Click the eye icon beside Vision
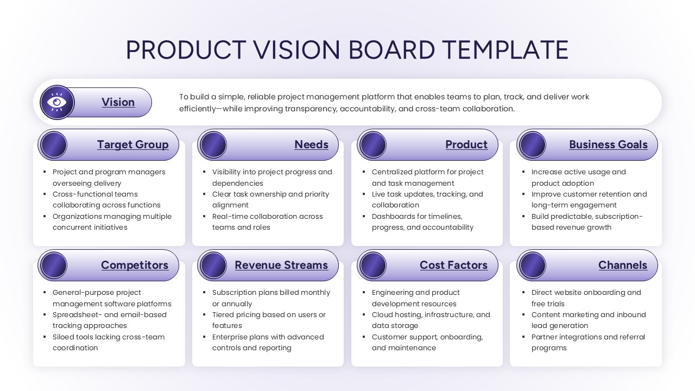click(57, 102)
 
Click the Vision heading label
click(118, 102)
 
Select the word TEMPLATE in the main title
click(505, 50)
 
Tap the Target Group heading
click(132, 144)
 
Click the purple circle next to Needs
click(213, 145)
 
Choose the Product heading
click(466, 144)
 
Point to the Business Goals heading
click(608, 144)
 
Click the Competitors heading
click(134, 265)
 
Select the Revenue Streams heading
click(281, 265)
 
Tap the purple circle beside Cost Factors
click(373, 266)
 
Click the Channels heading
click(622, 265)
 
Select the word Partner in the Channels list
click(546, 337)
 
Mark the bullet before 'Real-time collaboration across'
click(204, 216)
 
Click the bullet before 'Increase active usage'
click(523, 172)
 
